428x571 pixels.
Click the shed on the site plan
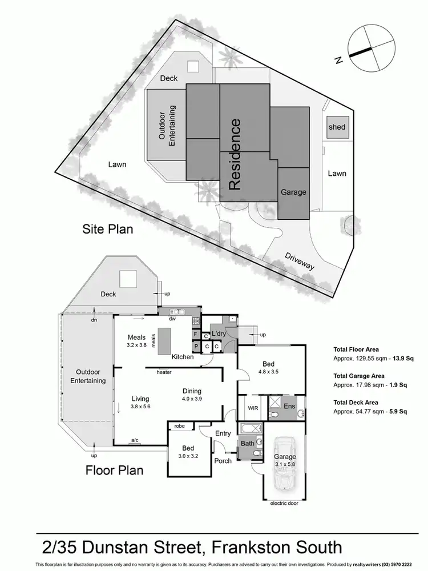[x=337, y=127]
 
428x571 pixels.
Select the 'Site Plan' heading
[x=106, y=230]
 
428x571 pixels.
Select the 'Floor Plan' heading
[x=114, y=471]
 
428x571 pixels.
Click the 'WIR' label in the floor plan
[x=253, y=408]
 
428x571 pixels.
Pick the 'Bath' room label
[x=247, y=443]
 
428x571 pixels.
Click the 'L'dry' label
[x=220, y=333]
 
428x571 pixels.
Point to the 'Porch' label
[x=223, y=460]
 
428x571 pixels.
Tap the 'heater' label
[x=164, y=372]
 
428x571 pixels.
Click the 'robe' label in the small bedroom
[x=179, y=426]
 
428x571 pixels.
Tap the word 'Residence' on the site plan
[x=235, y=154]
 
